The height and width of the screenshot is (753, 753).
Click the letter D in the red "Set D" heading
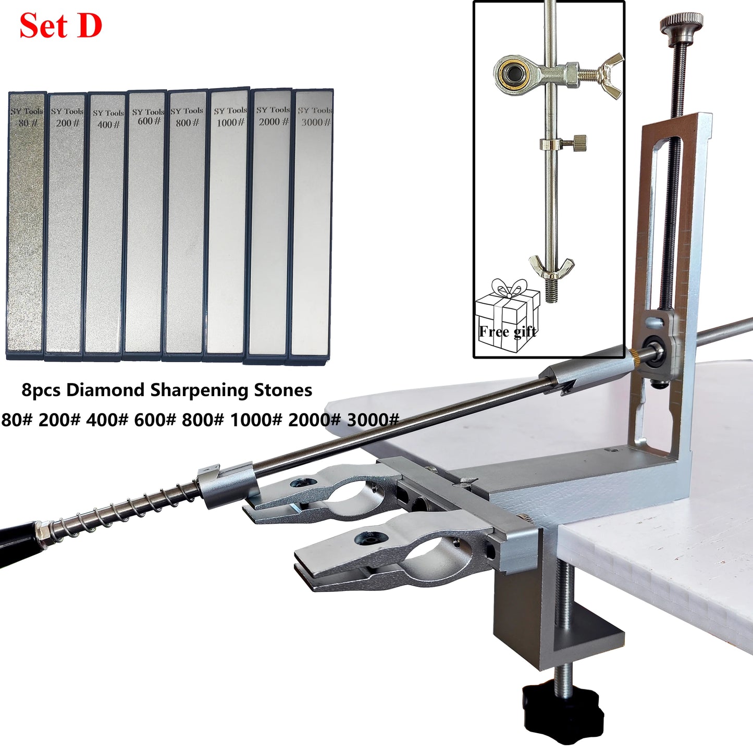[x=89, y=26]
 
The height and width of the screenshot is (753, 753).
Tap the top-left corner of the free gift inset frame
[x=474, y=1]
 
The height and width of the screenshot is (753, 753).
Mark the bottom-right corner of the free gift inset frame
[x=625, y=357]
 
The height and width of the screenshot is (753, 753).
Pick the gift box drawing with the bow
[x=507, y=315]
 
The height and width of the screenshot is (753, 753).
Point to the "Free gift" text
[x=507, y=332]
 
